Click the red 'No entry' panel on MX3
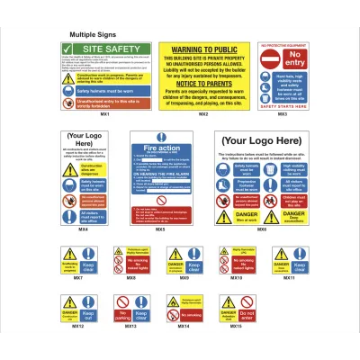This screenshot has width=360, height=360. pos(282,58)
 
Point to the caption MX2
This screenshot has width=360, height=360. pos(203,114)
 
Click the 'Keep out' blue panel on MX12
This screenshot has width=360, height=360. pos(88,314)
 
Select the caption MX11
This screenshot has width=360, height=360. pos(289,278)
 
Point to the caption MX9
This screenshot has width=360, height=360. pos(184,278)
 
